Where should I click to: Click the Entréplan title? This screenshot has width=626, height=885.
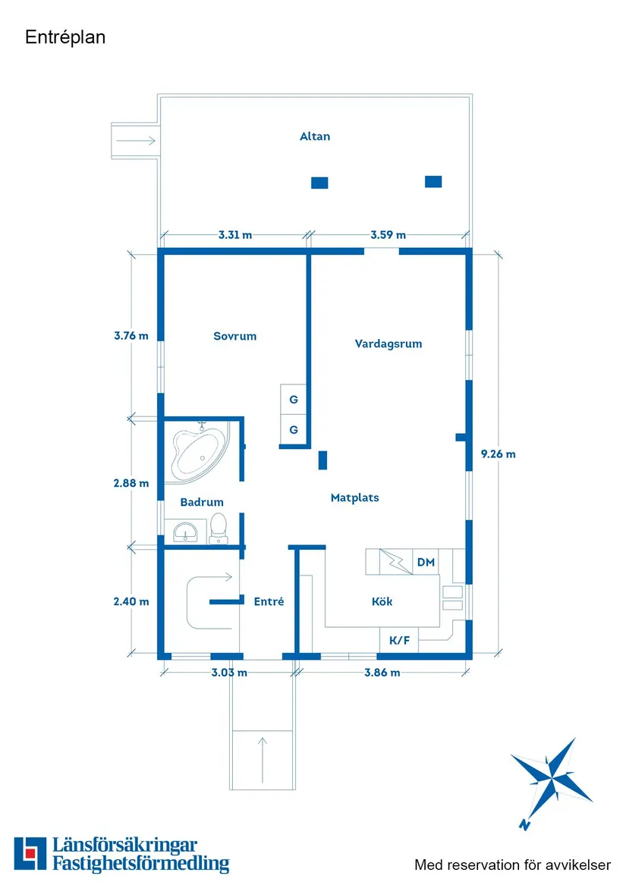click(x=65, y=37)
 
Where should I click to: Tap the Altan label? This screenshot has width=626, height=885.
click(x=315, y=136)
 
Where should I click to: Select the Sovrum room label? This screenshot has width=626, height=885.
click(x=235, y=336)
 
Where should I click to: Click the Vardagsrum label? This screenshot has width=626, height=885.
click(x=388, y=344)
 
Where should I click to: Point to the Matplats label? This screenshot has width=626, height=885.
click(x=355, y=497)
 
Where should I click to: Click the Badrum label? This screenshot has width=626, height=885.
click(x=202, y=502)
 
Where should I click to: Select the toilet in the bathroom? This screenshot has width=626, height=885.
click(x=219, y=529)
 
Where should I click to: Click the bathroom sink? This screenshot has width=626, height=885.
click(x=185, y=532)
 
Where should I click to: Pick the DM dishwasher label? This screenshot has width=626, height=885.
click(x=426, y=562)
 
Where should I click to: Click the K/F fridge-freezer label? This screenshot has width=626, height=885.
click(x=399, y=641)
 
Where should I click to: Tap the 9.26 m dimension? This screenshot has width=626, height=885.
click(x=499, y=453)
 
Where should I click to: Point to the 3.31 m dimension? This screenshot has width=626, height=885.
click(x=235, y=235)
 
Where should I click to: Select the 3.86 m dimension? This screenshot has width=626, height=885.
click(x=382, y=672)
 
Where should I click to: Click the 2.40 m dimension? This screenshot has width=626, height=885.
click(x=131, y=601)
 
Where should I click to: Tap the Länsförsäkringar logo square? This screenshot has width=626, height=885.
click(x=30, y=853)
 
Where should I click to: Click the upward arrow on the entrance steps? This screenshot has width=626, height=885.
click(x=263, y=759)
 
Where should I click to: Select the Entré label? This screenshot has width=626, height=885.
click(x=269, y=601)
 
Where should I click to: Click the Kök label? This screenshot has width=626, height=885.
click(x=382, y=601)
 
